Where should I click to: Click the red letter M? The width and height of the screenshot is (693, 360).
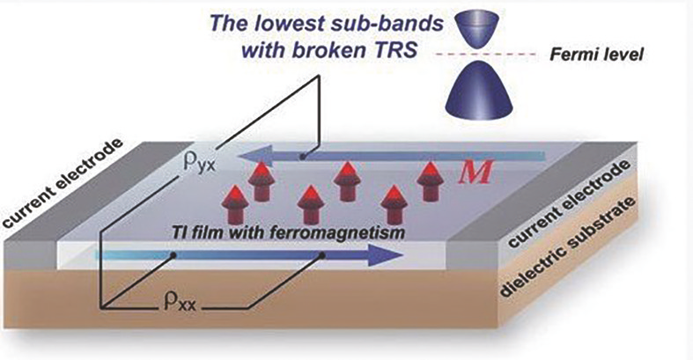(475, 173)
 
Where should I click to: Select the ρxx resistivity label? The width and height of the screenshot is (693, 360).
(180, 304)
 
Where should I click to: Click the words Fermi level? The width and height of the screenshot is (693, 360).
(596, 55)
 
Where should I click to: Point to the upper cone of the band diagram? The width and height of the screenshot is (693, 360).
(480, 29)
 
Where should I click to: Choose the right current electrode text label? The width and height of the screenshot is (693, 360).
(569, 203)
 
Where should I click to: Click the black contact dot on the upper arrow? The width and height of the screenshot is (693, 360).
(302, 157)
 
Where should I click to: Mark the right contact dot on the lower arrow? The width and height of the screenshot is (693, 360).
(322, 255)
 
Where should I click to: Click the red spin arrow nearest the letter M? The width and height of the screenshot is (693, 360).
(430, 181)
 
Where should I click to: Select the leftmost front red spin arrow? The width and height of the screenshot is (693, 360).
(235, 204)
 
